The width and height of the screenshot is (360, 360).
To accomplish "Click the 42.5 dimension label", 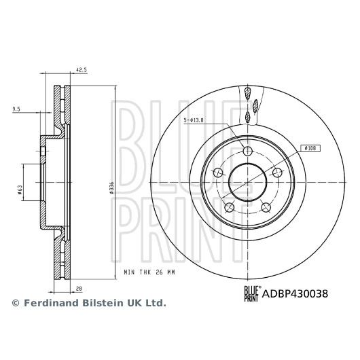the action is pos(82,70).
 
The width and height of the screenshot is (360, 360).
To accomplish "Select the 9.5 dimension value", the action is pos(16,109).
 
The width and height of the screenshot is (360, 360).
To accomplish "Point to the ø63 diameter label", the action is pos(20,190).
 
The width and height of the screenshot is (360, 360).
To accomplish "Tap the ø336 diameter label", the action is pos(111,188).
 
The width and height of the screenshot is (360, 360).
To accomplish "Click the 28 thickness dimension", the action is pos(79,289).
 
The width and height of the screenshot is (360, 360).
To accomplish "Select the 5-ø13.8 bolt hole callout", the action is pos(194,120).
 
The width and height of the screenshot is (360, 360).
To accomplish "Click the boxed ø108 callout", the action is pos(310,148).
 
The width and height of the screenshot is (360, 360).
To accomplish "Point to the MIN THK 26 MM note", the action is pos(149,272).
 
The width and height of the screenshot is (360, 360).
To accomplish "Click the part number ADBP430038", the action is pos(295,293).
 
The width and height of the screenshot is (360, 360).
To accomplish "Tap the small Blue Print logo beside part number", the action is pos(252,293).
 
